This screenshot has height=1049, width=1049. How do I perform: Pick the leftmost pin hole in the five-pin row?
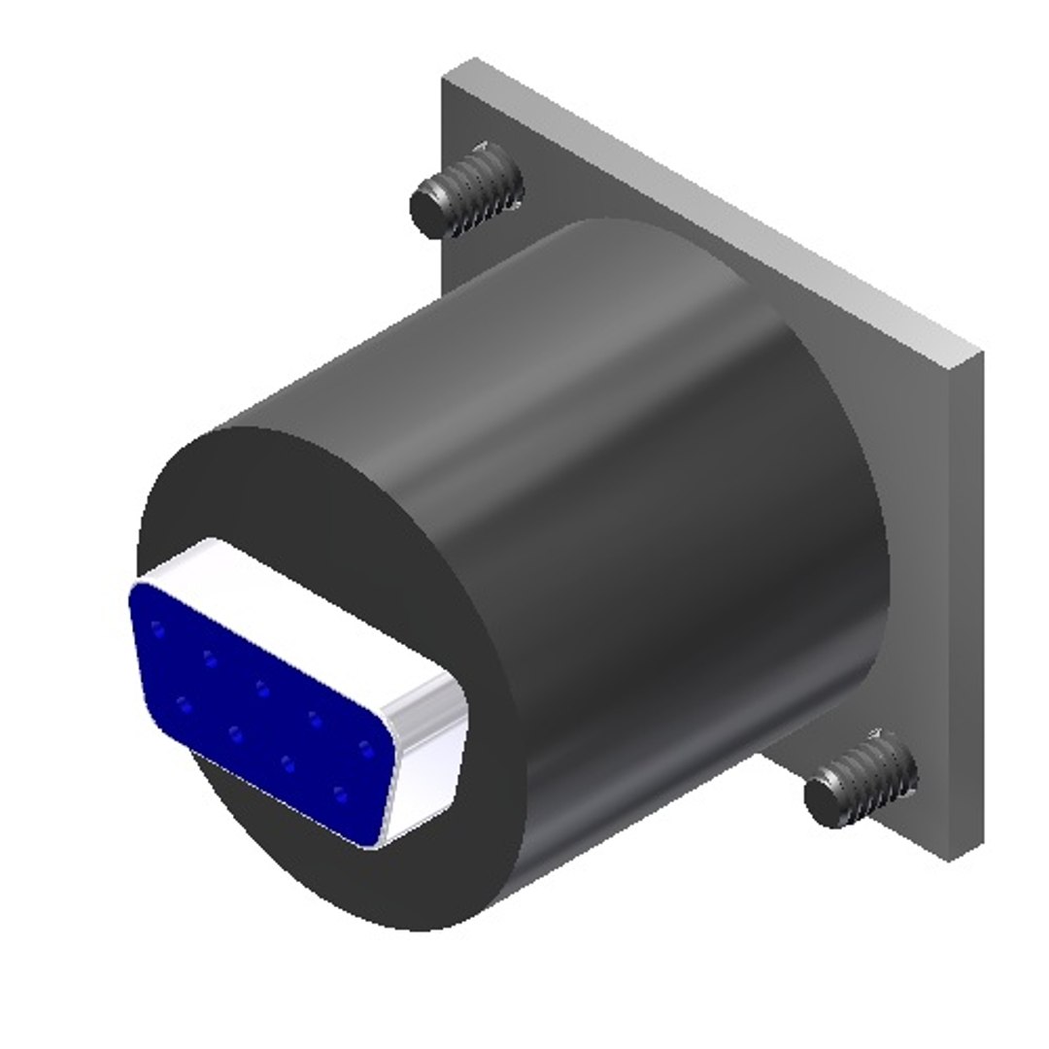click(158, 629)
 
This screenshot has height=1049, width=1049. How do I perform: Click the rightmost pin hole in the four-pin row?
click(339, 795)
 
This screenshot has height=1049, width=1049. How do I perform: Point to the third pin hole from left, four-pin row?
click(288, 762)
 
